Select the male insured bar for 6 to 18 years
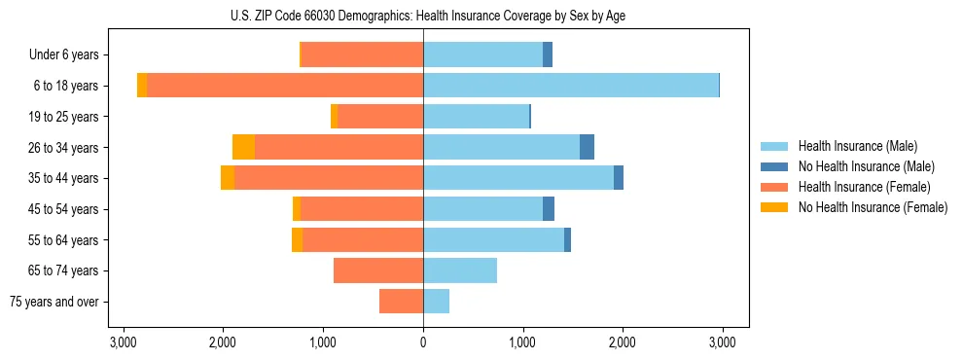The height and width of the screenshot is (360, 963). click(570, 86)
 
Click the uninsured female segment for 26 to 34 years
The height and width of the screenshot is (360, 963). click(244, 147)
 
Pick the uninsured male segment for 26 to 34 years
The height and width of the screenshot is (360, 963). click(587, 147)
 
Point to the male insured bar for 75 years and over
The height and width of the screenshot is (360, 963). click(436, 302)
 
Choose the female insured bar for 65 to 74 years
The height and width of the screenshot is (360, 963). click(378, 270)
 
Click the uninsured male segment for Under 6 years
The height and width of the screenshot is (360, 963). click(548, 54)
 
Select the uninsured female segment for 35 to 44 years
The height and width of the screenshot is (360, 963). click(228, 178)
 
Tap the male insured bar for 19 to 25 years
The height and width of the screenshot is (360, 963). click(476, 117)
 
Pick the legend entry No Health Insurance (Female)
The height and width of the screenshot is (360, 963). click(873, 207)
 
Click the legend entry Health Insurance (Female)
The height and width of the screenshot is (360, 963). click(864, 187)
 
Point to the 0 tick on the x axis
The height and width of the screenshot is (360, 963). click(423, 343)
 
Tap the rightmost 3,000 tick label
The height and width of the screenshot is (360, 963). click(722, 343)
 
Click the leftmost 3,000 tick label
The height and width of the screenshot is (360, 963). click(124, 343)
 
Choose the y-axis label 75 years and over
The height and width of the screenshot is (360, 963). click(54, 302)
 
